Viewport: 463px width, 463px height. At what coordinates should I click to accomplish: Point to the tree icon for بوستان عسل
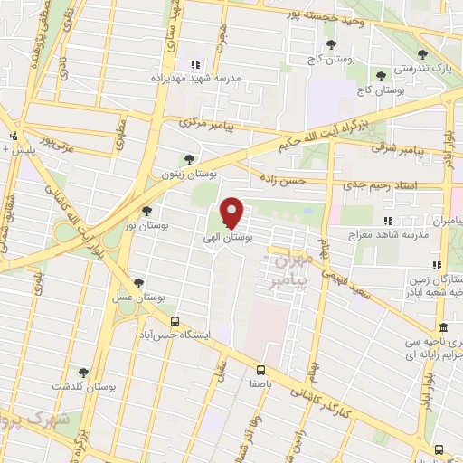[x=137, y=282]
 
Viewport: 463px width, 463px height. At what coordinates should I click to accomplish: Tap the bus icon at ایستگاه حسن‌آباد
[x=175, y=320]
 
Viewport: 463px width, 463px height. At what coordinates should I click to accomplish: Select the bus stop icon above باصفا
[x=260, y=369]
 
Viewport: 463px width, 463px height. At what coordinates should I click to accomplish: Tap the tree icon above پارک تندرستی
[x=380, y=75]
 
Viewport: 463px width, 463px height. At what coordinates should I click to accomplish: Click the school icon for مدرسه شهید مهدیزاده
[x=193, y=64]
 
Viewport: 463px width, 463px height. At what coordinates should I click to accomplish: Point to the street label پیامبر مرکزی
[x=207, y=121]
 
